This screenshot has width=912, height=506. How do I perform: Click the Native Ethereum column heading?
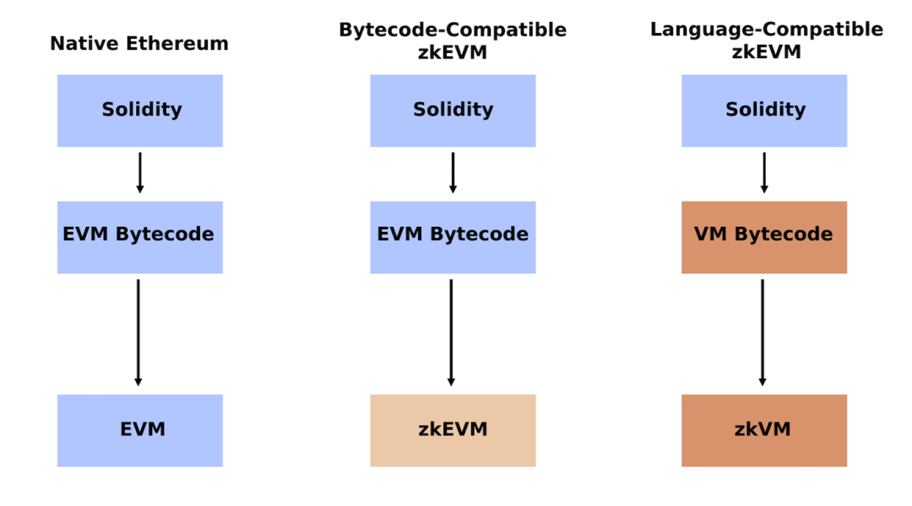click(139, 44)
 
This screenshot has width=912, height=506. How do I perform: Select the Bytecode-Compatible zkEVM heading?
click(453, 40)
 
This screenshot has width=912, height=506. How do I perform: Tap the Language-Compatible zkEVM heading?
click(766, 40)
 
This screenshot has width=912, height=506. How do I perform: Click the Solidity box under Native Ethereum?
click(139, 110)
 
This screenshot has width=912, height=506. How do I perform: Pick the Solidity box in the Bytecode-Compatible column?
click(453, 110)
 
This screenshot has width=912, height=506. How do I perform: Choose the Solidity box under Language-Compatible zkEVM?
click(764, 110)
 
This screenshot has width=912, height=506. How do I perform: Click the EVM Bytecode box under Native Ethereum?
click(139, 237)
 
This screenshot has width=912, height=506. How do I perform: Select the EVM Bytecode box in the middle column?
click(453, 237)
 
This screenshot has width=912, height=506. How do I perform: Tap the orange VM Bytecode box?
click(764, 237)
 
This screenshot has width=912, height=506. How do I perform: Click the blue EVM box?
click(139, 430)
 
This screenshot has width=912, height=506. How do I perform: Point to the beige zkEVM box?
click(453, 430)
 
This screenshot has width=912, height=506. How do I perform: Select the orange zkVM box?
click(764, 430)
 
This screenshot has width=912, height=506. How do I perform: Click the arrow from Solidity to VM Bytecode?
click(764, 173)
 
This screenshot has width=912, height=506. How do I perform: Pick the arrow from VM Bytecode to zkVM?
click(763, 333)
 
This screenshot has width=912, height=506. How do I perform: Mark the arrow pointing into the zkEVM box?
click(451, 333)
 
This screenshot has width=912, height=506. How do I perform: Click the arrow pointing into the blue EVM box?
click(138, 333)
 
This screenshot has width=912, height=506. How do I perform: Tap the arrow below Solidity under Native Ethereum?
click(139, 173)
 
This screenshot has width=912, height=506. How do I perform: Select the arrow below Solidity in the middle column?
click(453, 173)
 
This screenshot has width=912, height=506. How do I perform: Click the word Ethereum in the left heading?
click(176, 44)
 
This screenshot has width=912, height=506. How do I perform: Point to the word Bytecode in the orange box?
click(784, 234)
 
